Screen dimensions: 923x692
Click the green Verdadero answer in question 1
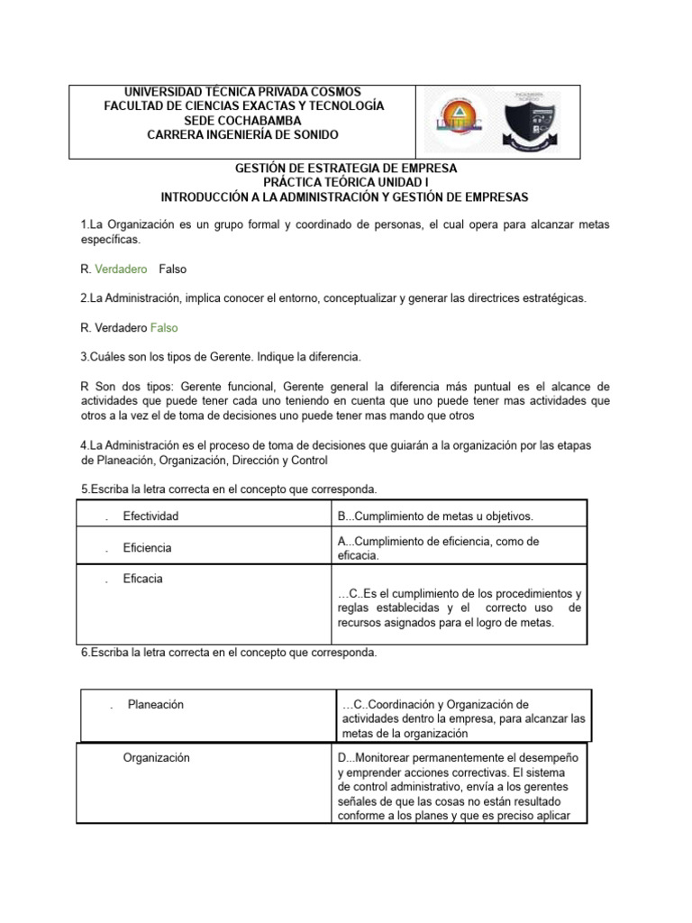pos(121,270)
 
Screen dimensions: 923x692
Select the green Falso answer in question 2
pos(164,328)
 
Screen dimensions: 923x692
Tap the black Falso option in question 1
pos(172,270)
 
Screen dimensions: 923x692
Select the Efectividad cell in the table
pos(150,516)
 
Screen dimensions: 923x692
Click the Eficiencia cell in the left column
pos(147,548)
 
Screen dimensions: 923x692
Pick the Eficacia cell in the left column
pos(142,579)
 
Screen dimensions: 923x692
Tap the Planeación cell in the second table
pos(155,705)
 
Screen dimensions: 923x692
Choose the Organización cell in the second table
pos(156,758)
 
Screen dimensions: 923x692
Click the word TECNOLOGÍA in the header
pos(338,106)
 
